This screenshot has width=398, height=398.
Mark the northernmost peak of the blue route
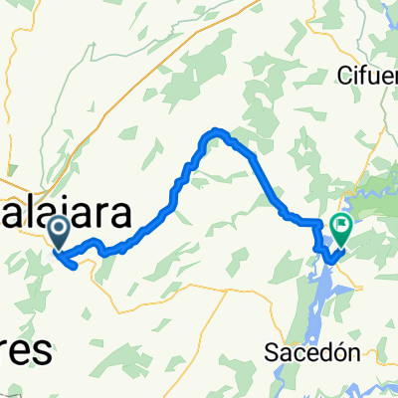coord(216,131)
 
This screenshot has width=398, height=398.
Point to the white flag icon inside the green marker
coord(341,227)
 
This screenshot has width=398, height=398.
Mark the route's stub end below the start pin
coord(76,265)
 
